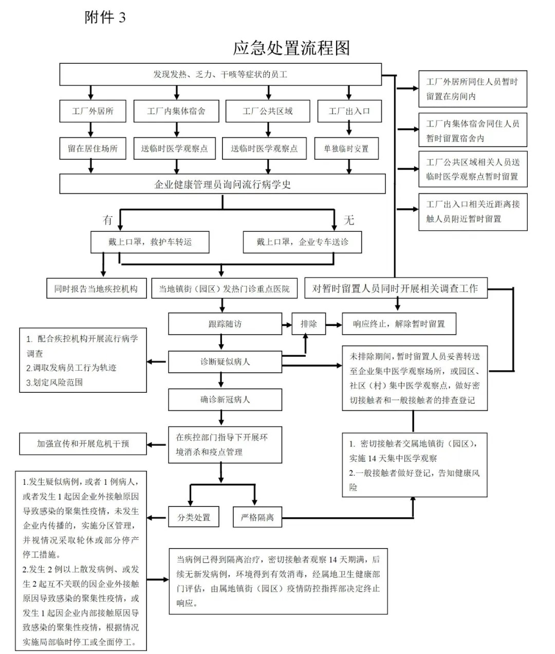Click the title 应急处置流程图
[x=291, y=48]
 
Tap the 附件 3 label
[x=105, y=17]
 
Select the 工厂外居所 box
[x=92, y=111]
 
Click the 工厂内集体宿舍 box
[x=176, y=111]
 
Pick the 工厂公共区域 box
[x=268, y=111]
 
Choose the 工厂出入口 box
[x=349, y=111]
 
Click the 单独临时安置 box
[x=346, y=149]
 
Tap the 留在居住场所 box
[x=92, y=149]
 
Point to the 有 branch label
[x=107, y=220]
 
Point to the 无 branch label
[x=349, y=220]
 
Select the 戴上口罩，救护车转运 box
[x=150, y=242]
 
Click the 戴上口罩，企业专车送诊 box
[x=302, y=242]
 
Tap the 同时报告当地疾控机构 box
[x=96, y=288]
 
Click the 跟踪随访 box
[x=225, y=324]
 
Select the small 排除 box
[x=309, y=324]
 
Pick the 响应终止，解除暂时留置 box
[x=399, y=324]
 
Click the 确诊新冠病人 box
[x=225, y=399]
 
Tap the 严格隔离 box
[x=257, y=517]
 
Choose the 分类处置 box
[x=194, y=517]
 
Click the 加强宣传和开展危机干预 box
[x=83, y=444]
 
